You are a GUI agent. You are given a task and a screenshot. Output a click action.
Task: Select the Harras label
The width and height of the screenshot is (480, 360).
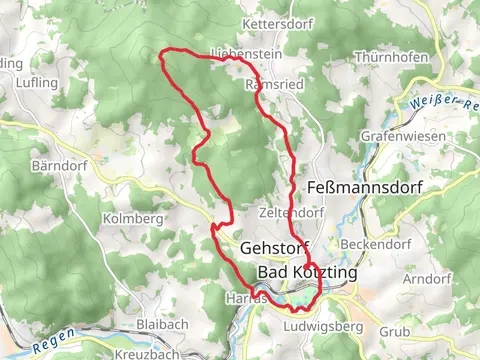(246, 298)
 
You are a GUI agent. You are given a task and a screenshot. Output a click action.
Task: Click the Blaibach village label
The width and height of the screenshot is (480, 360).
(161, 325)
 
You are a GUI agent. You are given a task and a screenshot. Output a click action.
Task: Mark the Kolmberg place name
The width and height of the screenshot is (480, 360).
(132, 218)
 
